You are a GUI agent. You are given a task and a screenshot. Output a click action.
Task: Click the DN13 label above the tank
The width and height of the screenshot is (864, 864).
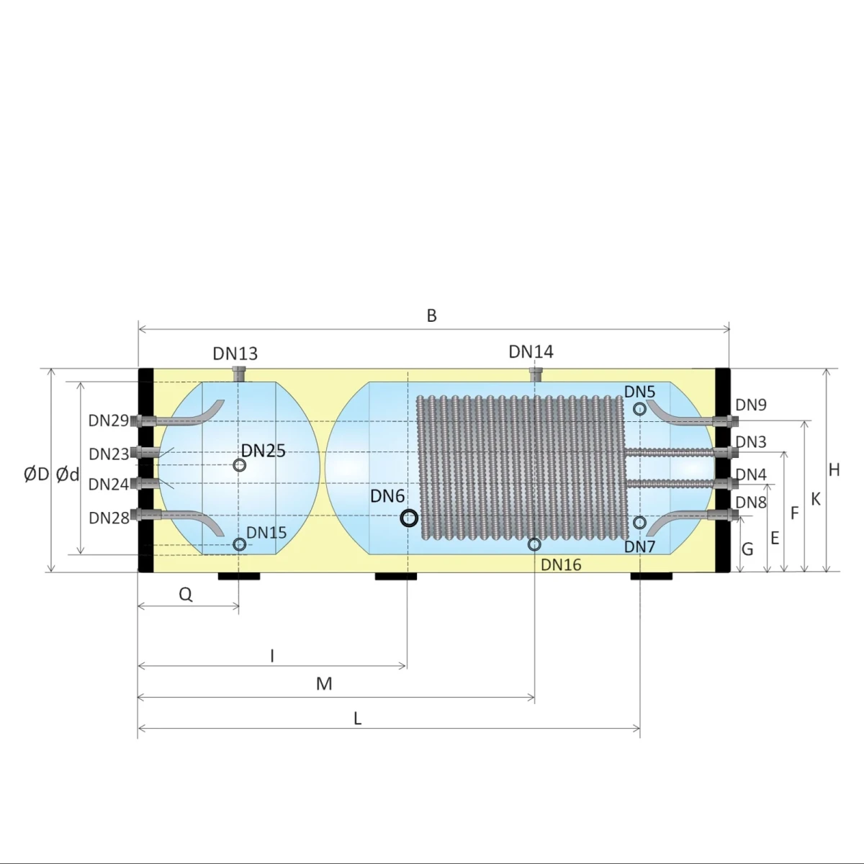coord(235,354)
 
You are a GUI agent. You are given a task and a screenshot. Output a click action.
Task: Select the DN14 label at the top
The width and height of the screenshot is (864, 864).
coord(531,351)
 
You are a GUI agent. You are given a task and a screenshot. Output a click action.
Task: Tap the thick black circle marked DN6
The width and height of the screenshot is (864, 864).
coord(409,518)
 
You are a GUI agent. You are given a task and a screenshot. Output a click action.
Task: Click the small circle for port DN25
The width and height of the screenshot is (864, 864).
coord(240,465)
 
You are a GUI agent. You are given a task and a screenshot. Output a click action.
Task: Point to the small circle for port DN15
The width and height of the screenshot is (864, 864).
coord(240,544)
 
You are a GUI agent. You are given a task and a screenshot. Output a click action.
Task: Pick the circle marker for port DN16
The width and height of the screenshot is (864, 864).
coord(534,544)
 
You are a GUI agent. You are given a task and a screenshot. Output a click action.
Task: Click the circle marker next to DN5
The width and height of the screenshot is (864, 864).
coord(639,409)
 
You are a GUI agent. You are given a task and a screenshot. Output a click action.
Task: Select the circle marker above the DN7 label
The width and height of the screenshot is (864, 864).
coord(639,522)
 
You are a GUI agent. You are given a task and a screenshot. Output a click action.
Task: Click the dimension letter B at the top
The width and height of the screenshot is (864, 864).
coord(431,315)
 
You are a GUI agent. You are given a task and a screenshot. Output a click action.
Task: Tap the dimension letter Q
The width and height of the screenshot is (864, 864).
coord(186,594)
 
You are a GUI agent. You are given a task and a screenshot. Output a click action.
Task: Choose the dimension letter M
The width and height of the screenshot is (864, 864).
coord(324,683)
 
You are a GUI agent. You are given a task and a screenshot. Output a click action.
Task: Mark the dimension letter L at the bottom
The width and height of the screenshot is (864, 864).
coord(357,718)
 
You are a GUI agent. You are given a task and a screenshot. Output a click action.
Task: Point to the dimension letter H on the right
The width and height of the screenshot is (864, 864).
coord(834,470)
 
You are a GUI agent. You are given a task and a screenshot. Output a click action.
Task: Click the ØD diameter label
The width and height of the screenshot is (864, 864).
coord(36,474)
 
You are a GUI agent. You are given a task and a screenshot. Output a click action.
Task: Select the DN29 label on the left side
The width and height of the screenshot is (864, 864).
coord(108,420)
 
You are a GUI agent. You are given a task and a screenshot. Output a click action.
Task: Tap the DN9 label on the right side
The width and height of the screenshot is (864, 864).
coord(751,405)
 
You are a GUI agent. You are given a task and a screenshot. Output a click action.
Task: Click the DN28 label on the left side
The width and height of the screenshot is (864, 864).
coord(108,518)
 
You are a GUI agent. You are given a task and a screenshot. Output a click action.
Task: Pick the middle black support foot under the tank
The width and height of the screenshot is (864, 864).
coord(396,576)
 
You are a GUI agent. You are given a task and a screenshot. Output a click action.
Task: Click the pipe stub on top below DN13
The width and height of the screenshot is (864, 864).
coord(239,374)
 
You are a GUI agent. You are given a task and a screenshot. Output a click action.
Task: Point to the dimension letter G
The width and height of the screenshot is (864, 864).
coord(747,549)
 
